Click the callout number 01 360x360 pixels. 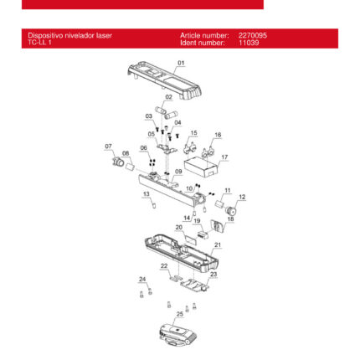pos(181,63)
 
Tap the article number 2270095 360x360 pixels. pos(253,35)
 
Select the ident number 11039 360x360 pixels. pos(249,43)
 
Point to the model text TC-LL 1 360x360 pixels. pos(39,43)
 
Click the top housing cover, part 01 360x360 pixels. pos(165,82)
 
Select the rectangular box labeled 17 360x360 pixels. pos(201,167)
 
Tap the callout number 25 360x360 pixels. pos(180,314)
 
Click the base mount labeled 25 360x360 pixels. pos(178,335)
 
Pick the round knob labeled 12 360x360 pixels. pos(231,209)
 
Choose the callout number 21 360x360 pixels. pos(218,244)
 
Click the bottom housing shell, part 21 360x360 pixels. pos(182,254)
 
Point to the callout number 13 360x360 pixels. pos(147,193)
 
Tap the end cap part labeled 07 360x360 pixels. pos(118,162)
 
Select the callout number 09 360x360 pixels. pos(178,172)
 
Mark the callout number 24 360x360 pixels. pos(142,279)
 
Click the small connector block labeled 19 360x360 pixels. pos(203,234)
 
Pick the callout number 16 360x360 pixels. pos(218,135)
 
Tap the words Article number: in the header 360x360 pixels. pos(204,35)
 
